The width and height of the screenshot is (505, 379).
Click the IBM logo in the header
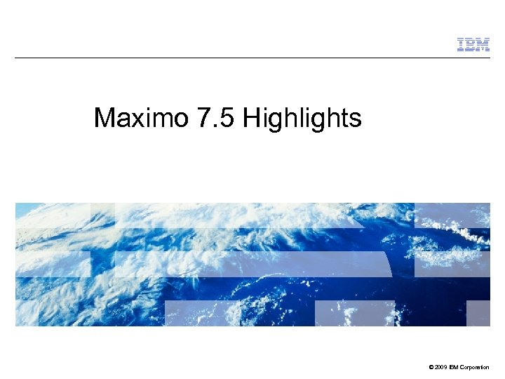(x=473, y=45)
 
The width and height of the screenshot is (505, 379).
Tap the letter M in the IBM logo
(x=482, y=45)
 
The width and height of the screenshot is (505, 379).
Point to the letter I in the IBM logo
(x=461, y=45)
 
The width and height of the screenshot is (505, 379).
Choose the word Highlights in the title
(x=302, y=118)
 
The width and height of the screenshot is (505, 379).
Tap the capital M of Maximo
(x=105, y=118)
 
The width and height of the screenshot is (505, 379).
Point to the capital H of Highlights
(x=252, y=118)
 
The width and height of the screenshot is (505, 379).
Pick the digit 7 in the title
(x=204, y=118)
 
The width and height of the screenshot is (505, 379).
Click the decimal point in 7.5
(x=216, y=126)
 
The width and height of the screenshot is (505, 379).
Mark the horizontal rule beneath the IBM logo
(x=252, y=58)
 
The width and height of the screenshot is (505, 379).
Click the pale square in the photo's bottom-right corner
(x=478, y=313)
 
